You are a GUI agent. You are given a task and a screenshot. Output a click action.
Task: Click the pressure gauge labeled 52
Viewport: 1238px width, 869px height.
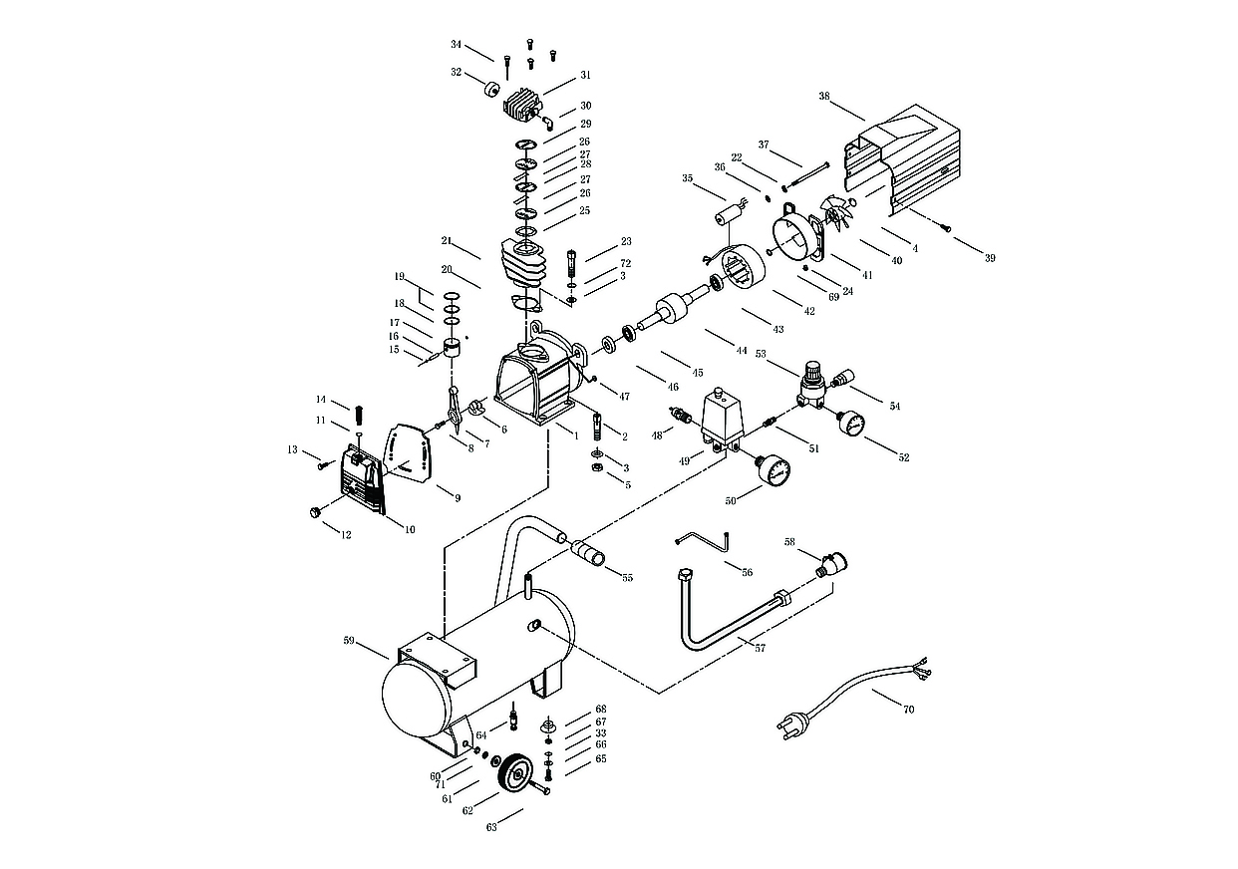tap(851, 424)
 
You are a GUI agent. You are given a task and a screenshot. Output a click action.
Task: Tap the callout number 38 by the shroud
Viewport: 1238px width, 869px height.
tap(824, 98)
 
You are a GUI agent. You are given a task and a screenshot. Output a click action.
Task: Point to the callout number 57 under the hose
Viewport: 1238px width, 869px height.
tap(761, 648)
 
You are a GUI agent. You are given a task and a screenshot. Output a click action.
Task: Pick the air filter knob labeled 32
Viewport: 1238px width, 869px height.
tap(490, 90)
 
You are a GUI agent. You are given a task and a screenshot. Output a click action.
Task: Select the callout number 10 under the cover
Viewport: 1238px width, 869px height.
tap(409, 529)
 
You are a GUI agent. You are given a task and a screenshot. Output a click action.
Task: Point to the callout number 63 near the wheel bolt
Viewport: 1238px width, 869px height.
tap(491, 826)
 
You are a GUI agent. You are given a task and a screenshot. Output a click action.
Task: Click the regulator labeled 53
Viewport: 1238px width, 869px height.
tap(810, 385)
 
